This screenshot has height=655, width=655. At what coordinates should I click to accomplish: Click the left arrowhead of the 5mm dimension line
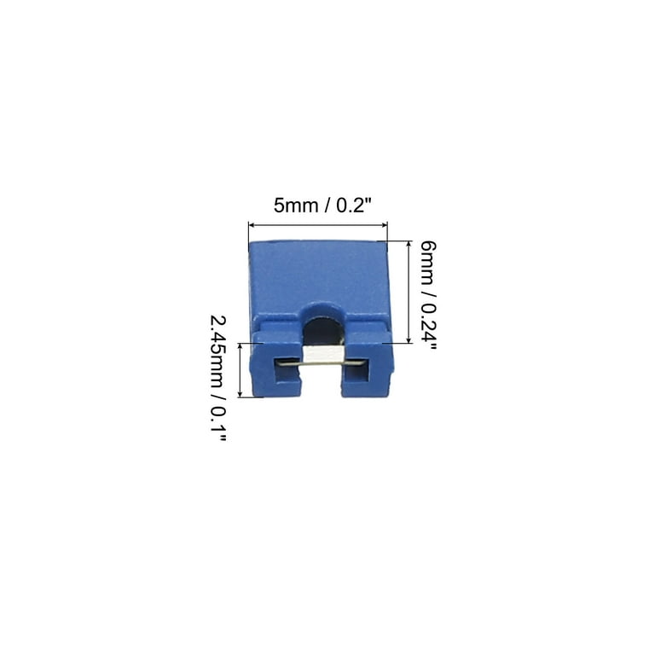point(252,225)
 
